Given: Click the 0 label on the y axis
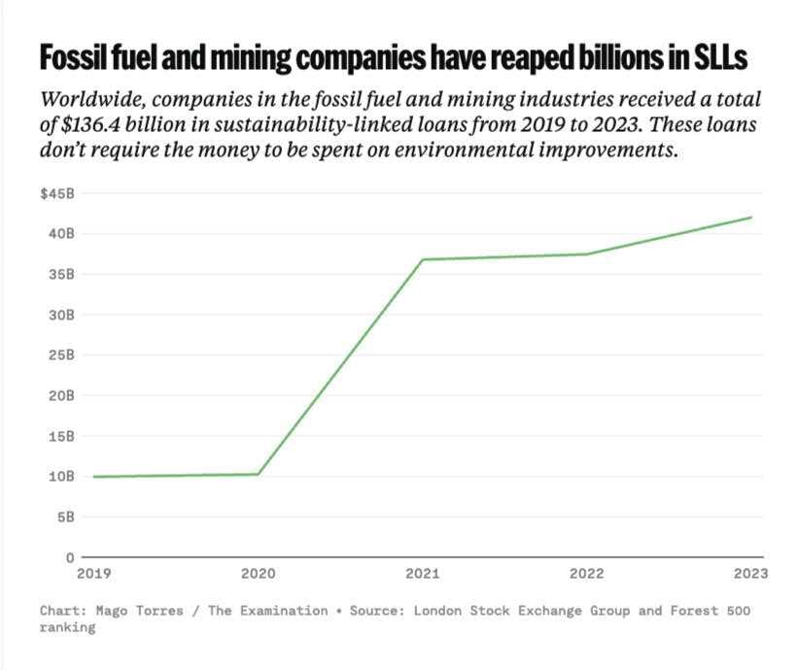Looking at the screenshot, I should click(x=69, y=557).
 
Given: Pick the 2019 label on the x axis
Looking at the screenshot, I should click(x=94, y=573).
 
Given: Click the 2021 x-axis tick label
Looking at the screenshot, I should click(x=423, y=573).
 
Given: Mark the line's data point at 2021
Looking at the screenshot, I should click(x=423, y=259).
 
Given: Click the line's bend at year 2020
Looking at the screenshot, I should click(x=259, y=474).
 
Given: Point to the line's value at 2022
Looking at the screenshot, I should click(x=587, y=254).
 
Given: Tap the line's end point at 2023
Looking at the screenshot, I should click(x=751, y=218).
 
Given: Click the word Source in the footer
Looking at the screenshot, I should click(x=384, y=611).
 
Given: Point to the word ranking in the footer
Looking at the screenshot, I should click(x=68, y=628).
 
